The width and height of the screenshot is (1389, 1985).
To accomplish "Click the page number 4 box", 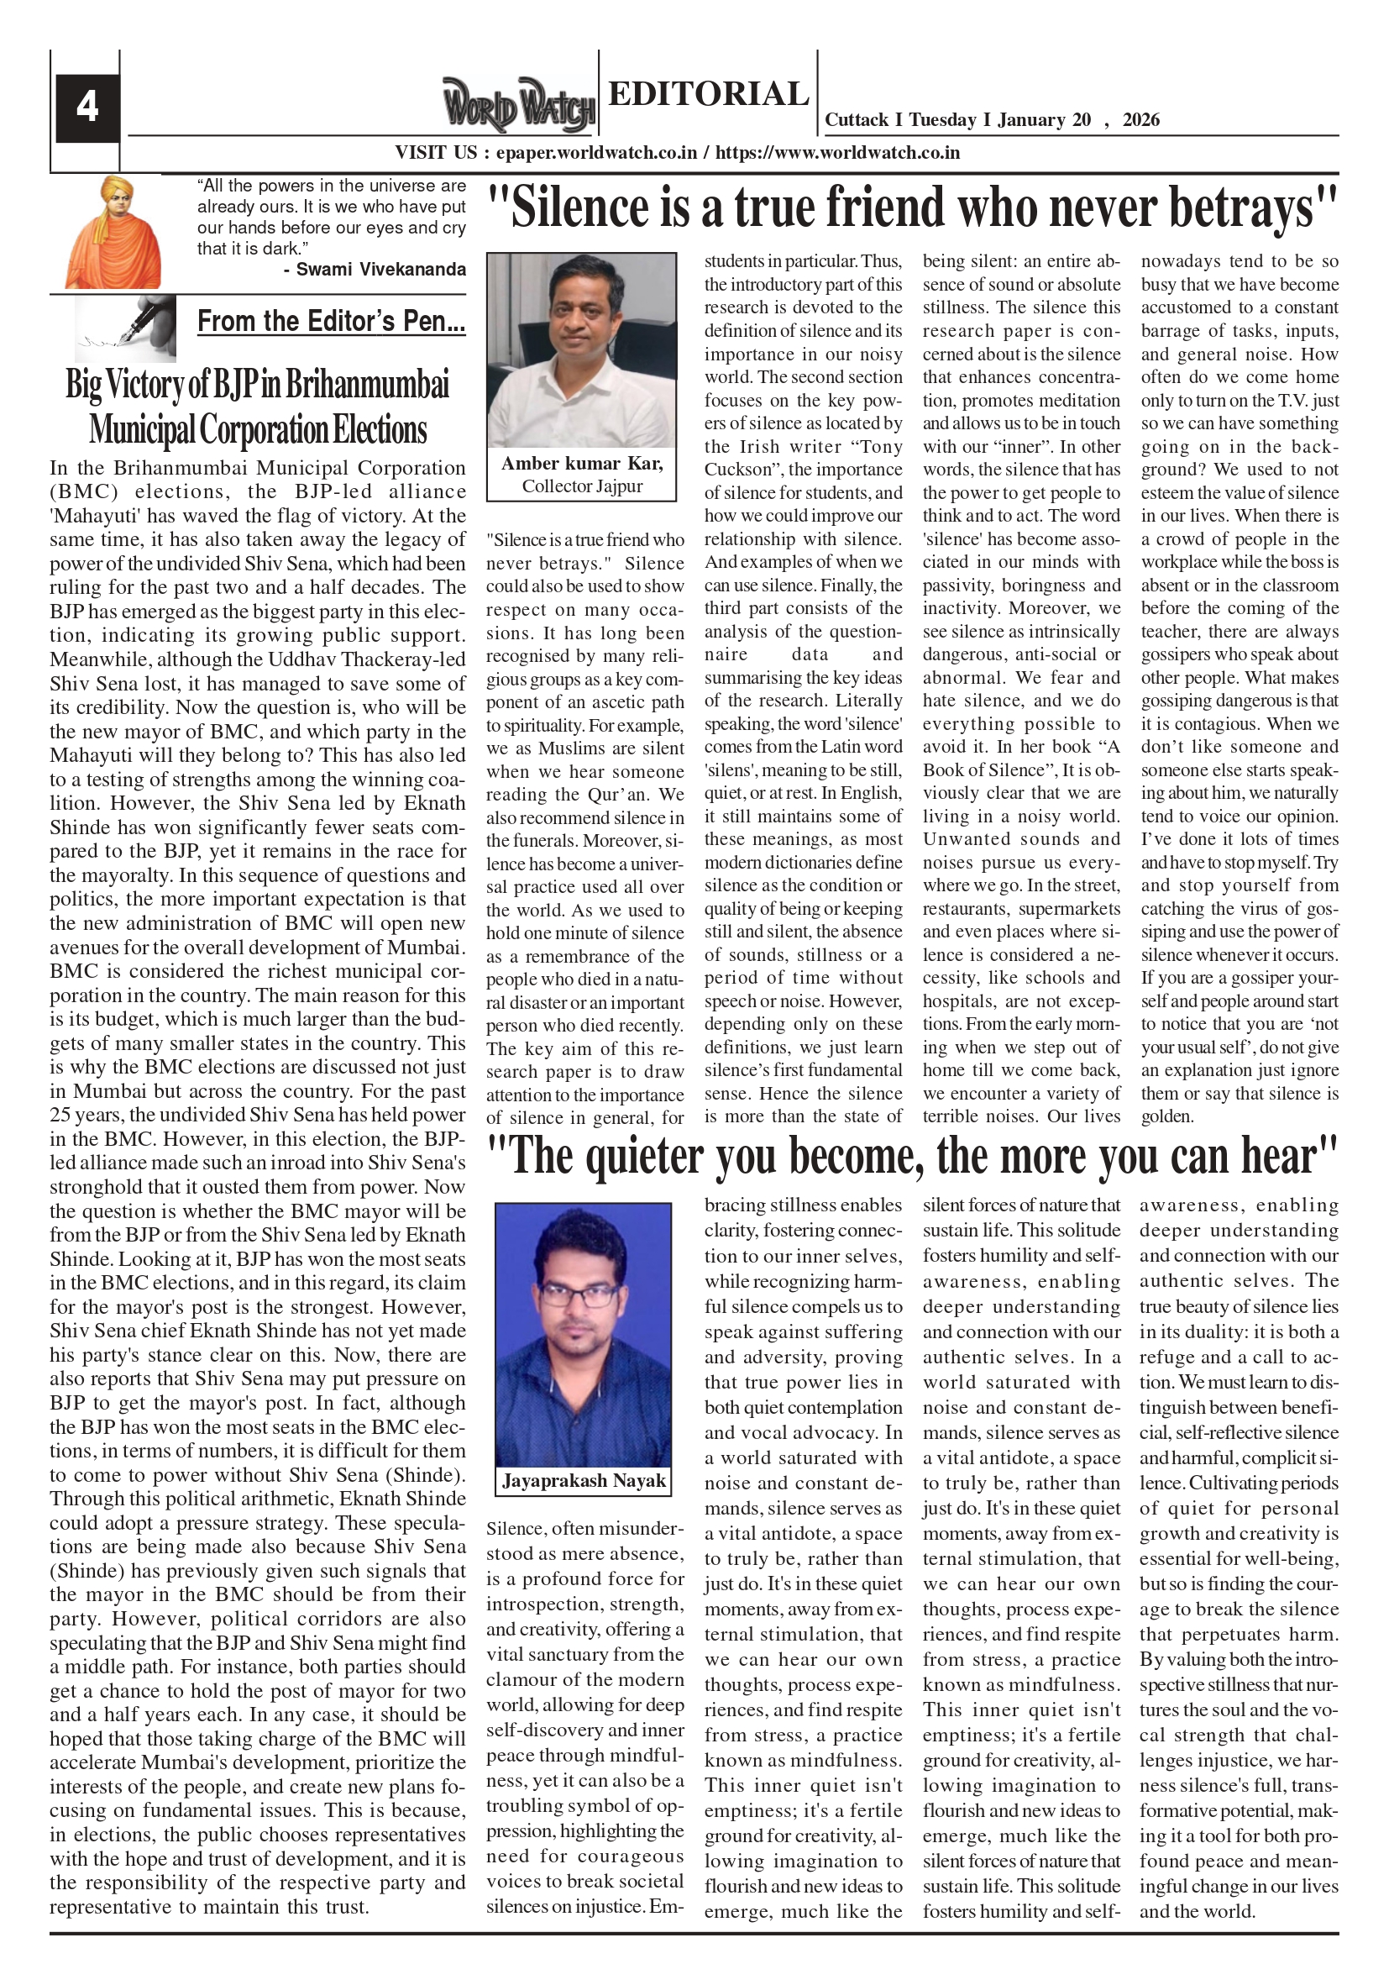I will [87, 108].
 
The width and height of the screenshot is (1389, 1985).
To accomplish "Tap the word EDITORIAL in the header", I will [708, 93].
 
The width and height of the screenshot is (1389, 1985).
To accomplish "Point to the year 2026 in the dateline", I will [1141, 120].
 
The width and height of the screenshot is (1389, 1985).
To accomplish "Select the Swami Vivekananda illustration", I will [113, 232].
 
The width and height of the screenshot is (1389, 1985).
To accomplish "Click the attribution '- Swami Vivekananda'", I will [375, 269].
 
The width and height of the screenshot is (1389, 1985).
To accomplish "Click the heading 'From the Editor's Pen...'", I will [331, 321].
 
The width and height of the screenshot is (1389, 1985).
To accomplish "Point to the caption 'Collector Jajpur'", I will [582, 486].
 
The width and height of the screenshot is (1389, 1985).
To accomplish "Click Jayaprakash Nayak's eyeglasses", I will [582, 1294].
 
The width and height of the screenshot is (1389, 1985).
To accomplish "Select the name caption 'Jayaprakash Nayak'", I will [584, 1481].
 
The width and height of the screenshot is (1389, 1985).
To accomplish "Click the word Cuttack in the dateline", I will [857, 120].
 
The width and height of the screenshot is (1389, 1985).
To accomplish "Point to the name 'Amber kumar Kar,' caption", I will [582, 464].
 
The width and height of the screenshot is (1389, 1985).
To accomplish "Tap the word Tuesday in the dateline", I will [942, 120].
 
